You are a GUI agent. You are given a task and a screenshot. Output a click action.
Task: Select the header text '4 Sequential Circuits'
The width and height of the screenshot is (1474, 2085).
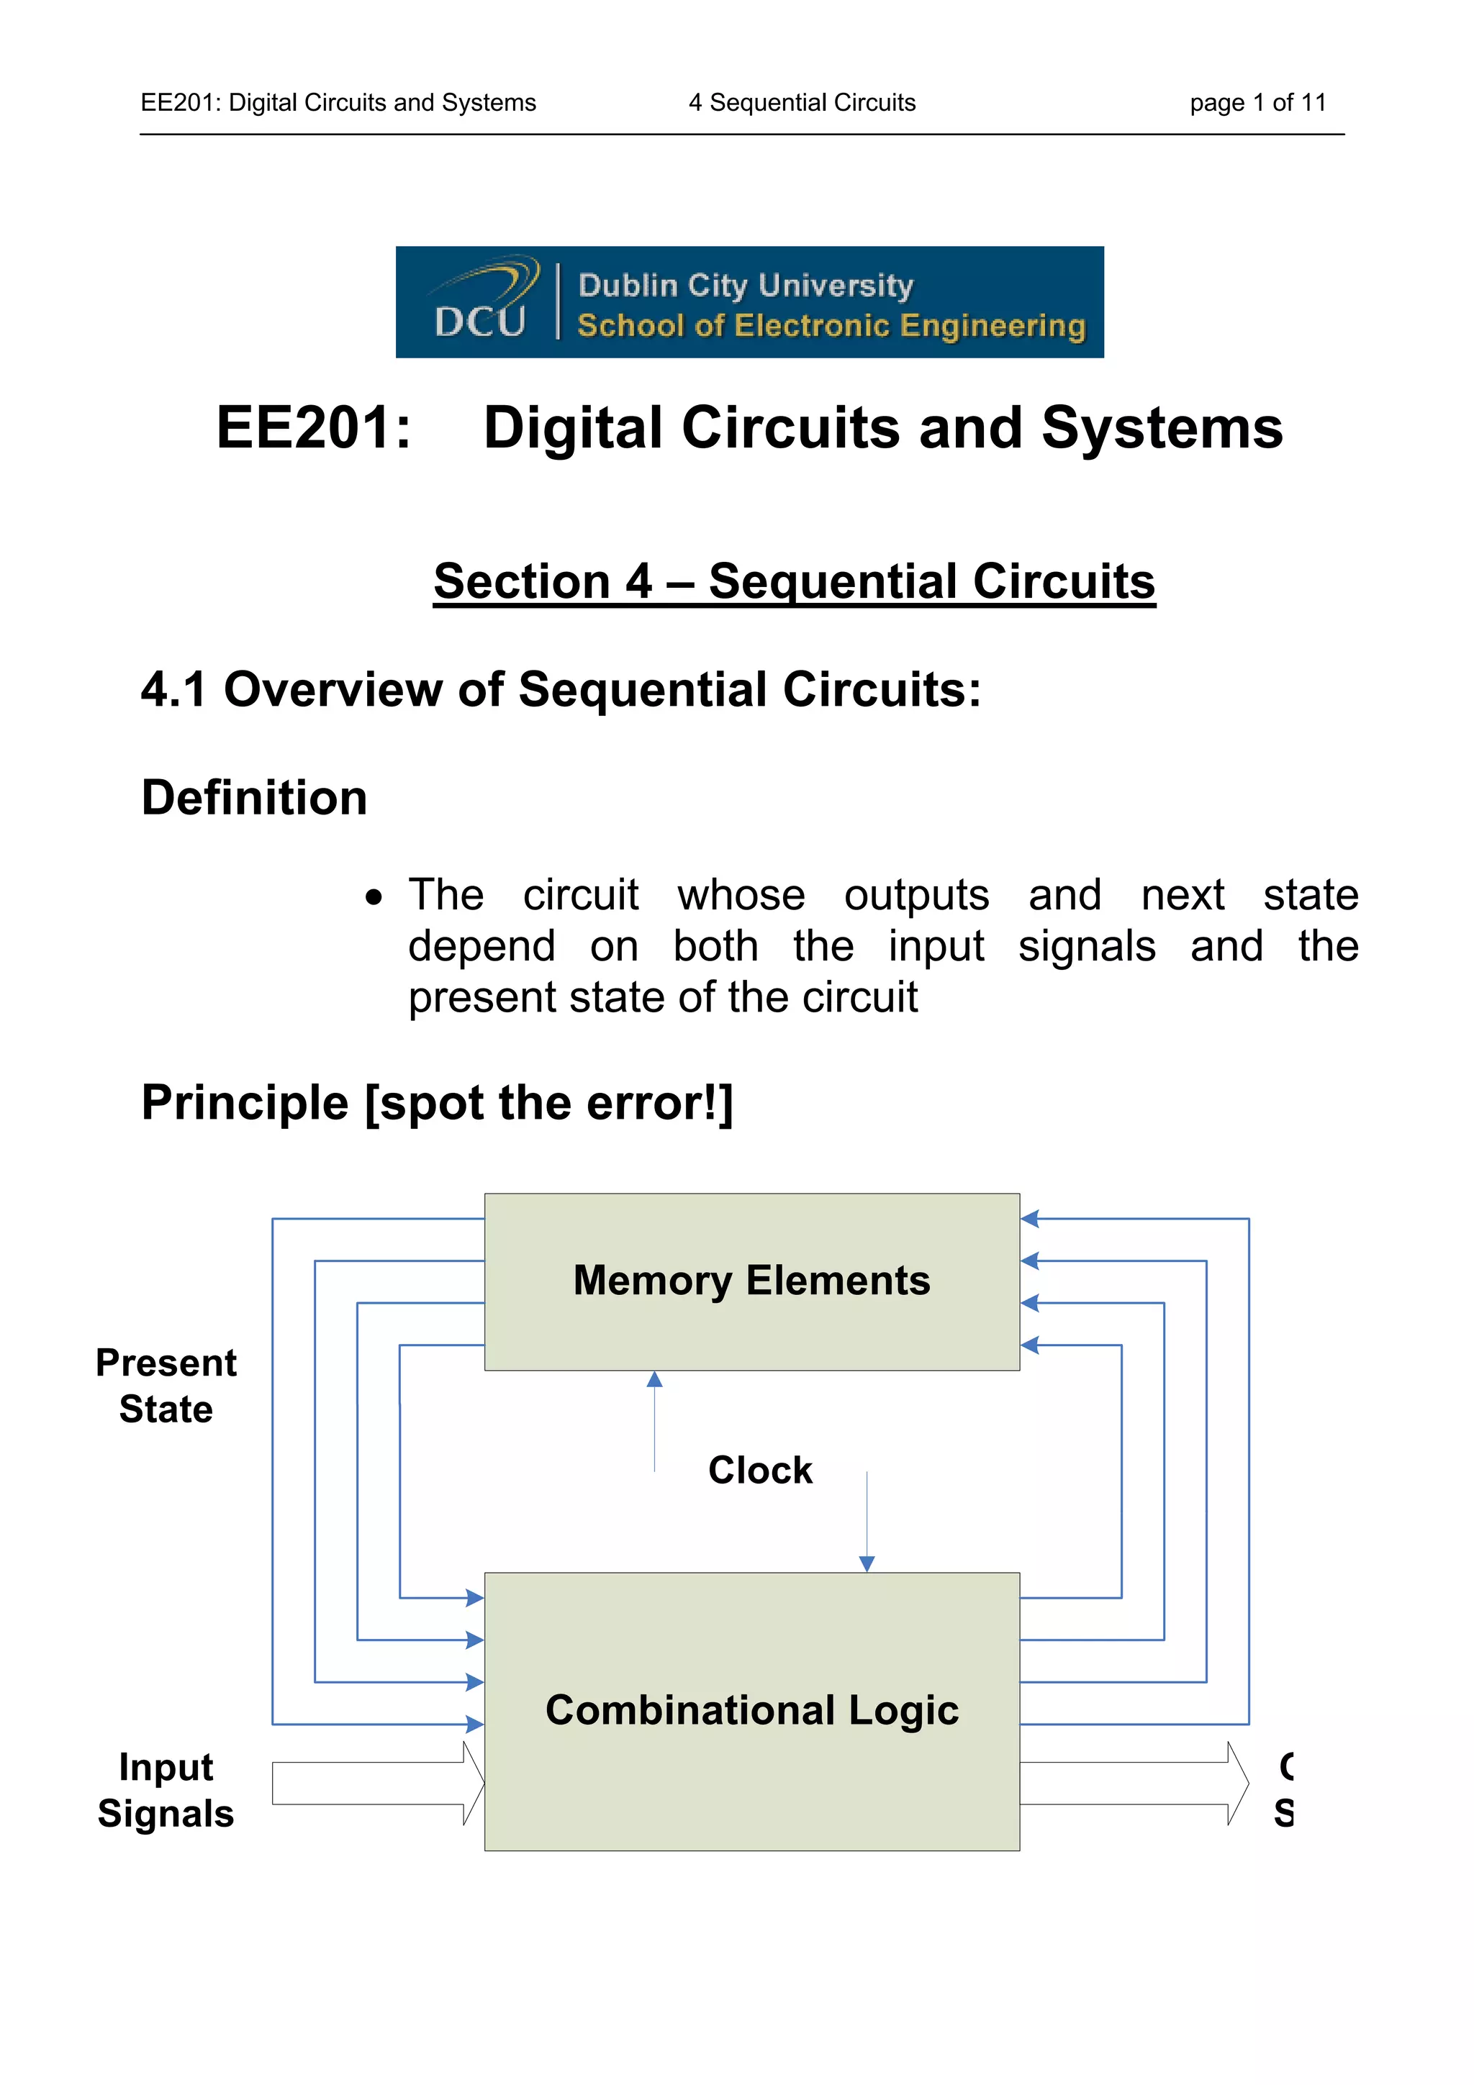pyautogui.click(x=802, y=103)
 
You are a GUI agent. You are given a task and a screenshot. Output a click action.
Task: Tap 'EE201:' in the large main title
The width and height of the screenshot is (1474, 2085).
pyautogui.click(x=313, y=427)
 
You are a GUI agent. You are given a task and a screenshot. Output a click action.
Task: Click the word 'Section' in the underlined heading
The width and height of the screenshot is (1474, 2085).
pyautogui.click(x=521, y=581)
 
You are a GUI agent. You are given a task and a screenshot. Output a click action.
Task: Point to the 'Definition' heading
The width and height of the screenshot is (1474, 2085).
pyautogui.click(x=254, y=798)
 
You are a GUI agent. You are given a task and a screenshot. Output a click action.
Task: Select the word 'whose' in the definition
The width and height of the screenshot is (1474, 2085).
pyautogui.click(x=741, y=896)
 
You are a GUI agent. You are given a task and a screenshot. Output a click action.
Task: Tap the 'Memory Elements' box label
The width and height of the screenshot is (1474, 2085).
pyautogui.click(x=752, y=1281)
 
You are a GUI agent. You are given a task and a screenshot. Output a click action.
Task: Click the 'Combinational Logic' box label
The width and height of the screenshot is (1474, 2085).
pyautogui.click(x=752, y=1710)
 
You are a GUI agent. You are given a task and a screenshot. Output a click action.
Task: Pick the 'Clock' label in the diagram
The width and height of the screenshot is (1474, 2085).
pyautogui.click(x=760, y=1470)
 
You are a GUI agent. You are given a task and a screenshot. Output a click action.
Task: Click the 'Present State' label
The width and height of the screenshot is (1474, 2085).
pyautogui.click(x=166, y=1386)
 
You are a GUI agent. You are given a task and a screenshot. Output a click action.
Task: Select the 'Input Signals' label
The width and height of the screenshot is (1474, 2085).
pyautogui.click(x=166, y=1790)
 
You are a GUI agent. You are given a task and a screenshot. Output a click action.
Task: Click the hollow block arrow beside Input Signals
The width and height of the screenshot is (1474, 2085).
pyautogui.click(x=378, y=1784)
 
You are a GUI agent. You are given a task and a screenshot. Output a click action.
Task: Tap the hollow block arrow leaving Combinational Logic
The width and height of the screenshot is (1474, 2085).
pyautogui.click(x=1134, y=1784)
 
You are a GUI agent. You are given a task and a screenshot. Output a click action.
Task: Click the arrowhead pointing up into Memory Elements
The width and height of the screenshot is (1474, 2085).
pyautogui.click(x=655, y=1379)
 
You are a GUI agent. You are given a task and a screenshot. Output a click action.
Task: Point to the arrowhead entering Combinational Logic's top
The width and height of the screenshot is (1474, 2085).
pyautogui.click(x=867, y=1564)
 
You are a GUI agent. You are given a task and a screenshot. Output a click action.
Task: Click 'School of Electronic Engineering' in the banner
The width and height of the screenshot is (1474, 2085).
pyautogui.click(x=831, y=326)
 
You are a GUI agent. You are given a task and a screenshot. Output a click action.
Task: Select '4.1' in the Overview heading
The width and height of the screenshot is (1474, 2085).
pyautogui.click(x=173, y=689)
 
